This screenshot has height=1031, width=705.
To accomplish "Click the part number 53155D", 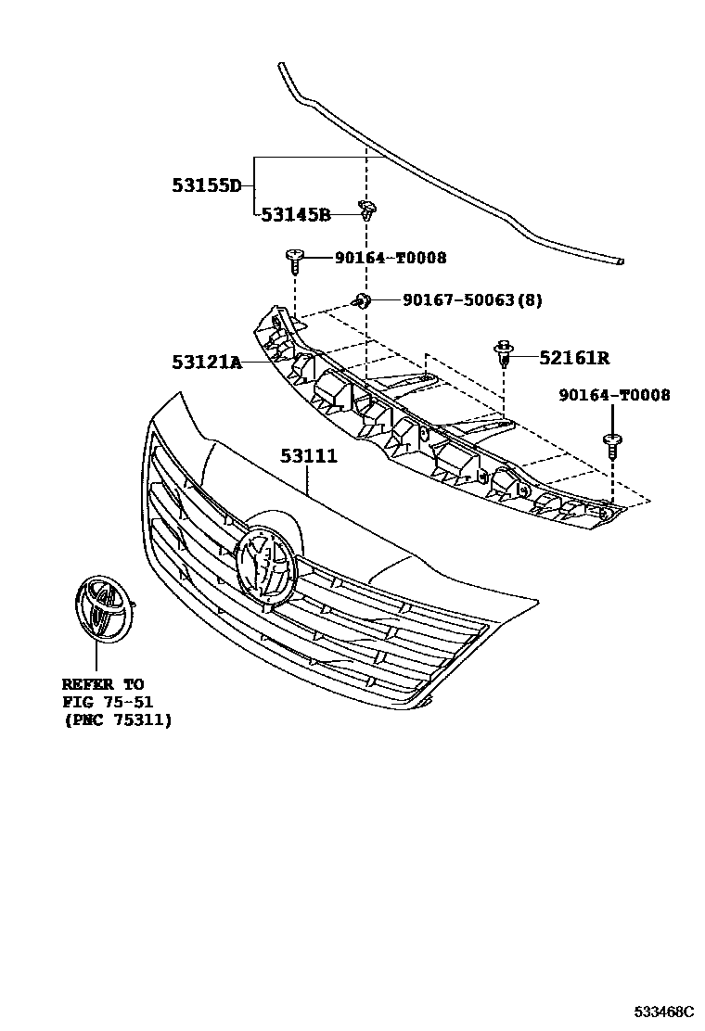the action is (x=207, y=185).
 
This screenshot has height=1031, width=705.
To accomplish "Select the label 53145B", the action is (x=296, y=214).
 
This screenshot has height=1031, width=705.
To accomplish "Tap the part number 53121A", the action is (x=207, y=362).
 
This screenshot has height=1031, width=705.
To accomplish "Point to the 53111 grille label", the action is (x=309, y=455).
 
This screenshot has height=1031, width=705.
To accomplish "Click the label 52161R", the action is (x=574, y=358).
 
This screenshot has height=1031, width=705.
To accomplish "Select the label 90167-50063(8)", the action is (x=473, y=300).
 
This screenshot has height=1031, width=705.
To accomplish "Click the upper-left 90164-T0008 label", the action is (x=391, y=258).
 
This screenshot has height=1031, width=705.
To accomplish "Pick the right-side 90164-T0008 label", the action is (x=615, y=395).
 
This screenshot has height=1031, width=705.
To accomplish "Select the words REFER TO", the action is (x=103, y=684).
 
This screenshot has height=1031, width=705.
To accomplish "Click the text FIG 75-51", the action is (x=108, y=702).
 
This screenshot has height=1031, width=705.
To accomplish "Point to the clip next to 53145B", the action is (x=368, y=210).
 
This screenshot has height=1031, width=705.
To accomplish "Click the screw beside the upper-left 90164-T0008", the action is (x=295, y=261).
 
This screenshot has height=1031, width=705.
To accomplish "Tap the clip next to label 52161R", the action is (x=505, y=354).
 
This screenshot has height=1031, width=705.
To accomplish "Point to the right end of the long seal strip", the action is (x=621, y=261).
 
